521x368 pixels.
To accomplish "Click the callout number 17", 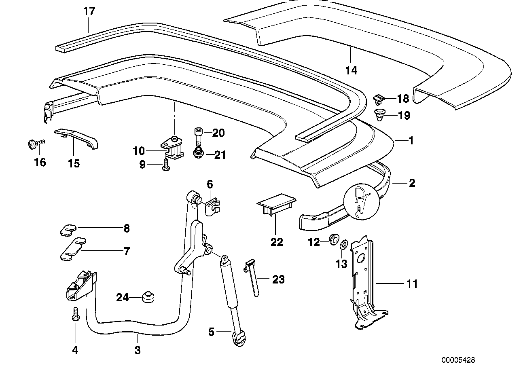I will tap(89, 11).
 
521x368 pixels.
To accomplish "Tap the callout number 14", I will tap(352, 70).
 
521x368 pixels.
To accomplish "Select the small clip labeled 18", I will tap(379, 98).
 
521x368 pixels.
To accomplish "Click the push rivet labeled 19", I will tap(379, 115).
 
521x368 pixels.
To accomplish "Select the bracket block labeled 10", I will tap(173, 147).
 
